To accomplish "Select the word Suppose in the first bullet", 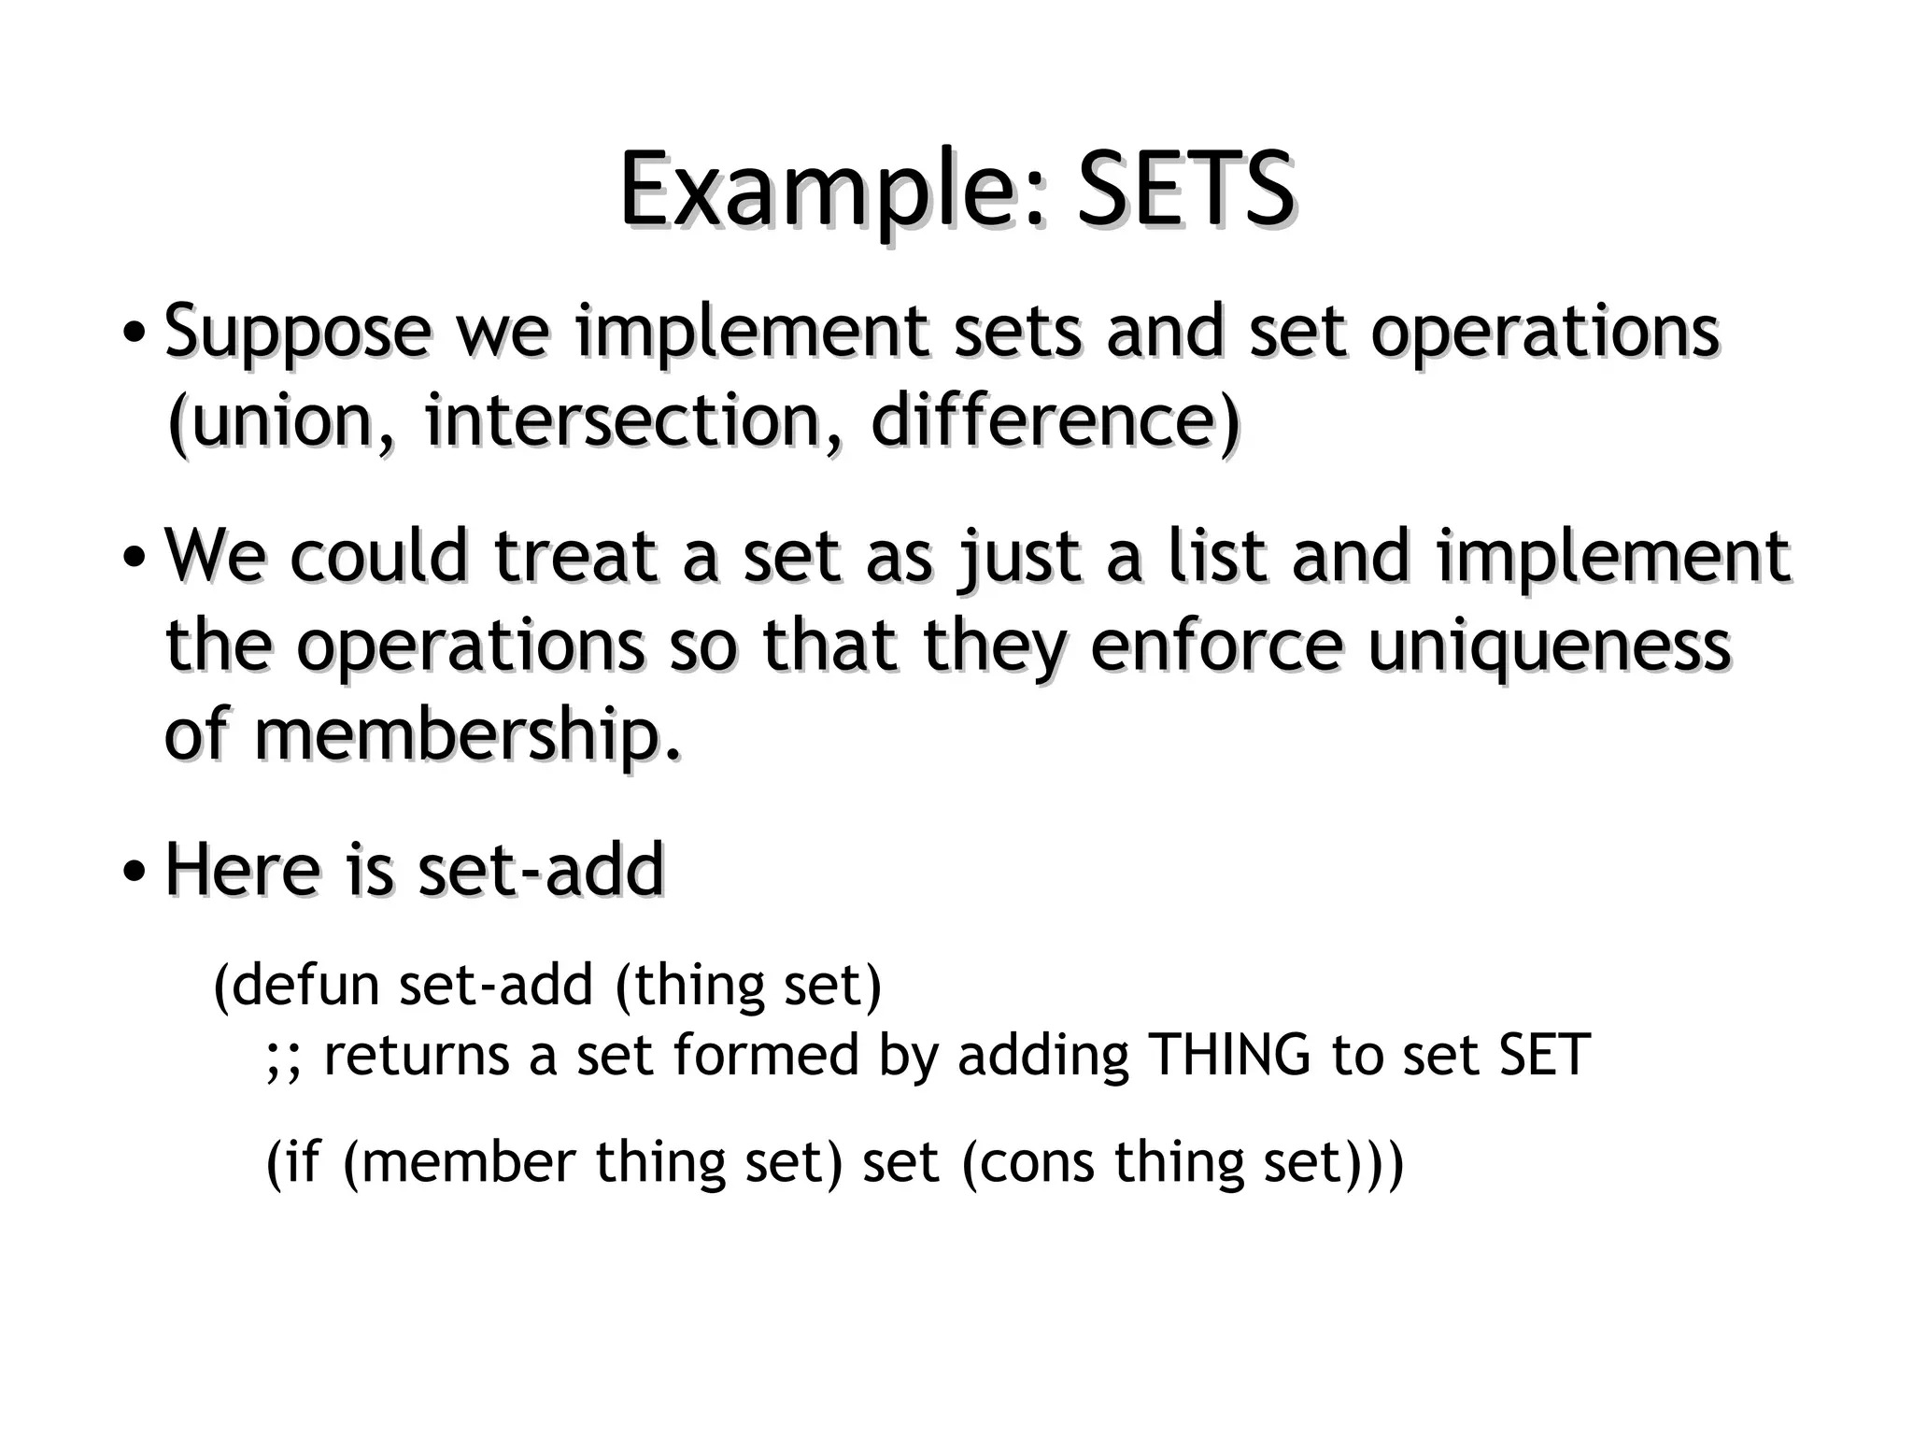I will point(297,333).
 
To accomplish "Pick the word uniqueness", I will point(1549,646).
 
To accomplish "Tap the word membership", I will point(465,734).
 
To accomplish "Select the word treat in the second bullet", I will point(575,557).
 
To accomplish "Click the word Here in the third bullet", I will point(243,870).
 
